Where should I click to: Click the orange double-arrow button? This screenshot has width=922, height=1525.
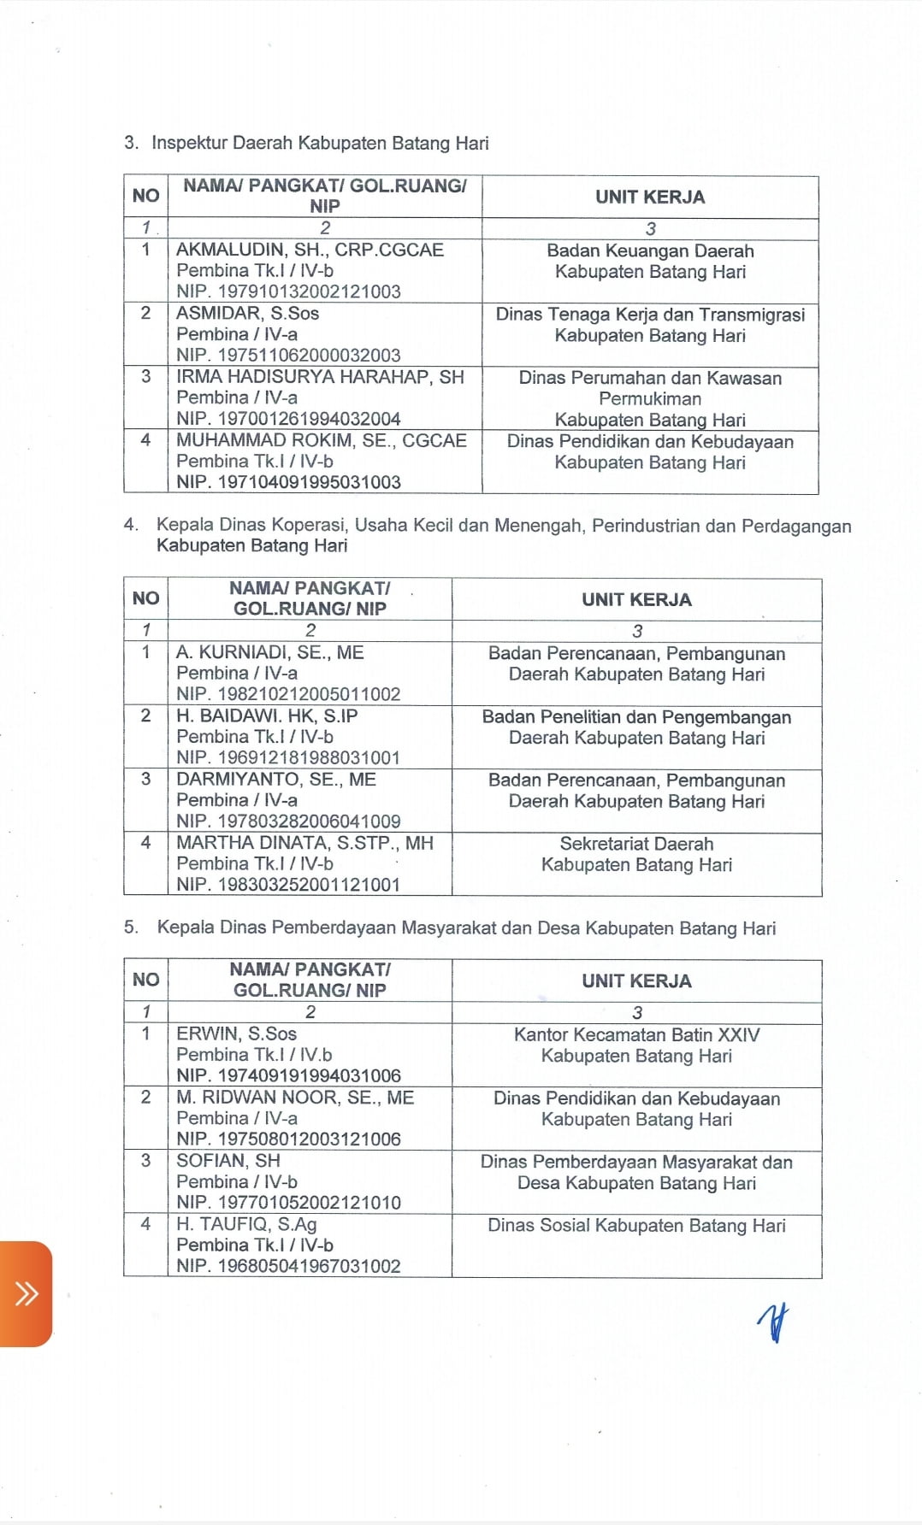27,1293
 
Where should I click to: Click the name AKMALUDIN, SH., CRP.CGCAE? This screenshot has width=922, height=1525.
310,250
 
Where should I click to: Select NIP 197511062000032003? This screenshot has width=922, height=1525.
288,355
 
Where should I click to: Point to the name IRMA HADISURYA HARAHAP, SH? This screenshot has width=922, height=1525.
320,377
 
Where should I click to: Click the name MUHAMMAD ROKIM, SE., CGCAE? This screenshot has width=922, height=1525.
322,440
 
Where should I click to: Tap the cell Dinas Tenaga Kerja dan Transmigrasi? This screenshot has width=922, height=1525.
650,315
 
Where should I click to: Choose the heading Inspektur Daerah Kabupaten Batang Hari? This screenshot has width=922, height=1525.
320,143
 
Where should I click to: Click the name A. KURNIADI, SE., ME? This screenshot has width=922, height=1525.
270,652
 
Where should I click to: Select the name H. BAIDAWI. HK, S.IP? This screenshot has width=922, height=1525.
267,715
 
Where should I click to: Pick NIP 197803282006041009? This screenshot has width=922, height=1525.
288,821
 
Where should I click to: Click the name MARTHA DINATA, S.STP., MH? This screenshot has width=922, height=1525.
304,843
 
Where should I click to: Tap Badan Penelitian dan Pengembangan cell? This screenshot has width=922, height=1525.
636,717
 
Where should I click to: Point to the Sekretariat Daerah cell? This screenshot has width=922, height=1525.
636,844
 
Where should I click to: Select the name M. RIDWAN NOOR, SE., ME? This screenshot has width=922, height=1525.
295,1098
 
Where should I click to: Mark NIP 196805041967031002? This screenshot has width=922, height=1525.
288,1266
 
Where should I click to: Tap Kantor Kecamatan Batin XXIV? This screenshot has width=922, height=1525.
636,1034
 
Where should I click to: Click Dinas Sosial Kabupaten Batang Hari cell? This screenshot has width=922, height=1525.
636,1226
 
